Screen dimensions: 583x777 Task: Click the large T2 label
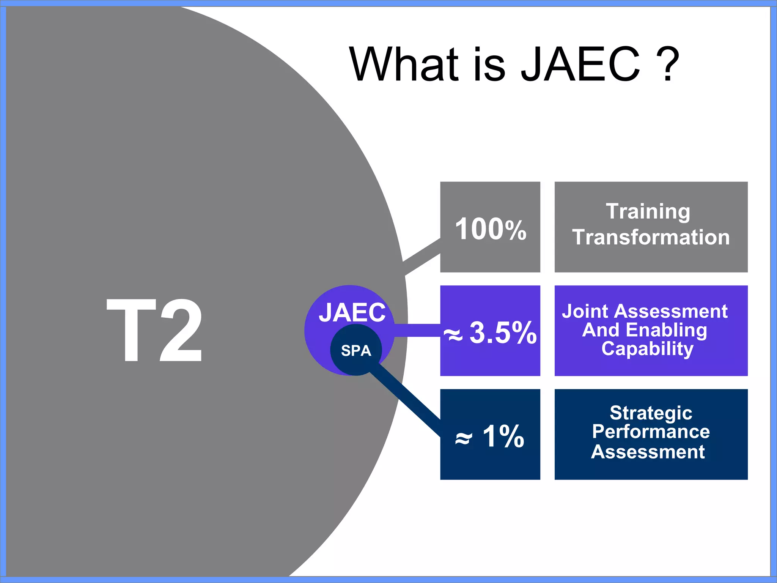point(154,330)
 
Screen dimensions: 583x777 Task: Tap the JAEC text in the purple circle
point(352,312)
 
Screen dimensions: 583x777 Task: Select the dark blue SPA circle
point(355,350)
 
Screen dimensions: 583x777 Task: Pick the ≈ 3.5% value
point(490,332)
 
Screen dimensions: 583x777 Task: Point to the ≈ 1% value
point(490,436)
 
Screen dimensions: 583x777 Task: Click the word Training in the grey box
point(648,211)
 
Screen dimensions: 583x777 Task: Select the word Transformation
point(651,237)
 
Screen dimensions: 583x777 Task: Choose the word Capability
point(647,348)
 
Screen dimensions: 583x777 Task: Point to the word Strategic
point(651,413)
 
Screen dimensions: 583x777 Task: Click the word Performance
point(651,432)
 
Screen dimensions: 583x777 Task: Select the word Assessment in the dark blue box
point(648,452)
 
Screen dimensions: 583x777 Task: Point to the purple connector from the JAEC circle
point(417,330)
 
